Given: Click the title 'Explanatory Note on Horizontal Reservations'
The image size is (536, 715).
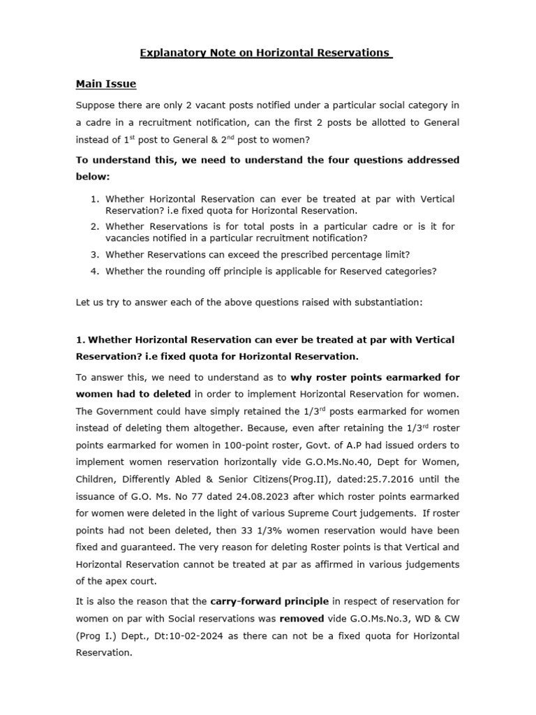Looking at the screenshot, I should click(x=267, y=53).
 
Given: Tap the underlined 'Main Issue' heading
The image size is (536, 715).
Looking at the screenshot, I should click(x=105, y=84).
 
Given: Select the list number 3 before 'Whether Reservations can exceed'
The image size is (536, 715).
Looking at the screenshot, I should click(x=94, y=254).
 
